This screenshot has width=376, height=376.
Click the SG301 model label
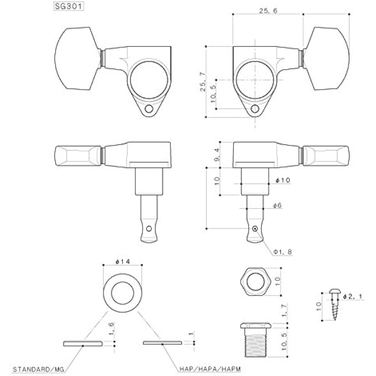69,7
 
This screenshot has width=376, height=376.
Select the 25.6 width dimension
268,11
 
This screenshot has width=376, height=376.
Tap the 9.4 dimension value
217,155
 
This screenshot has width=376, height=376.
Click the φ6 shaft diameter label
277,205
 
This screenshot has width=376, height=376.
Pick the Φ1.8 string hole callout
283,252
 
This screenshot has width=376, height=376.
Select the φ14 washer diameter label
123,261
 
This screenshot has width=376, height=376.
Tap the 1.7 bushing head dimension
285,310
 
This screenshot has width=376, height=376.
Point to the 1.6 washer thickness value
111,329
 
